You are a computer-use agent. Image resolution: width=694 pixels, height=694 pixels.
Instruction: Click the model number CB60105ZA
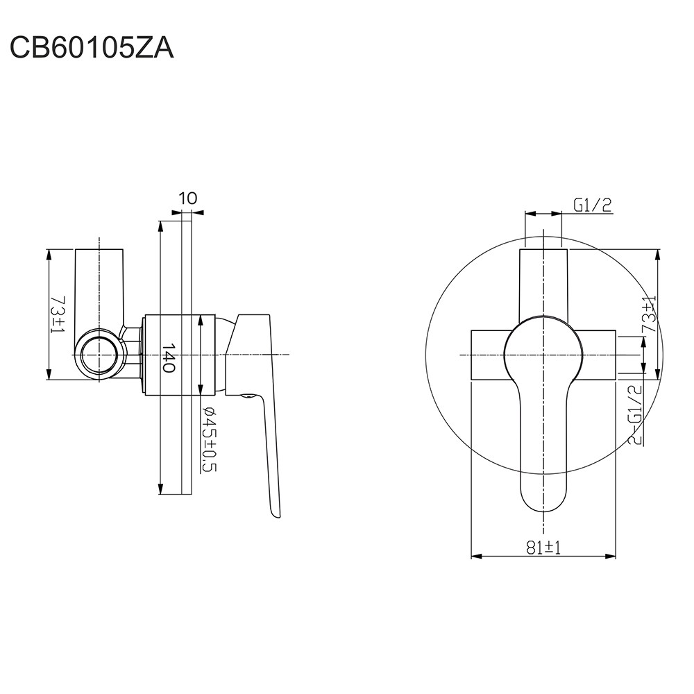tap(92, 48)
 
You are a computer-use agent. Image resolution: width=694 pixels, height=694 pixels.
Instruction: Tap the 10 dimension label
tap(189, 198)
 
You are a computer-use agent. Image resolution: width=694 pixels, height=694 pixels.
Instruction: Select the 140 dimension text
tap(169, 357)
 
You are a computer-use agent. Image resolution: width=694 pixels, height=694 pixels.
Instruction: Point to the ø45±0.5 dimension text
tap(209, 439)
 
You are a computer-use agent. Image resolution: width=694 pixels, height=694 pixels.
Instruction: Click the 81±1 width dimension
tap(543, 548)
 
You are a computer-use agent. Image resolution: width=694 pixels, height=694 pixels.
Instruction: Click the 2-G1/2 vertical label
tap(635, 414)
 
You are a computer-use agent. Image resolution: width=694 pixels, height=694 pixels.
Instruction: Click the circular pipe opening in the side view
tap(99, 355)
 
